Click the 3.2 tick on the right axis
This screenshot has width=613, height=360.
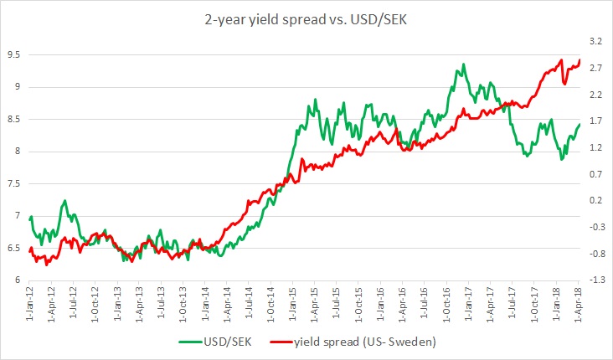(595, 41)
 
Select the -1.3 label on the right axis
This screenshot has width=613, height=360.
(595, 280)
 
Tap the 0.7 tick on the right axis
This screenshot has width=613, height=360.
(595, 174)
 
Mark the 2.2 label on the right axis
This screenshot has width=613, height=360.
(595, 95)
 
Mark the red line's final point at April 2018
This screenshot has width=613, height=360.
(580, 59)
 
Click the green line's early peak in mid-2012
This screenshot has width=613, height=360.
(64, 200)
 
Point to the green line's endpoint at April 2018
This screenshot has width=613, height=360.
(580, 124)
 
